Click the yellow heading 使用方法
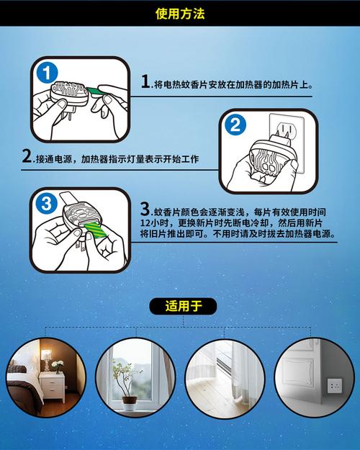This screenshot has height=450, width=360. pyautogui.click(x=180, y=14)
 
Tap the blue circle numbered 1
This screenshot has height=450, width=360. pyautogui.click(x=47, y=73)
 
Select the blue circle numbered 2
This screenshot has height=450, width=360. pyautogui.click(x=235, y=125)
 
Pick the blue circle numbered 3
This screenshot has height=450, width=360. pyautogui.click(x=46, y=204)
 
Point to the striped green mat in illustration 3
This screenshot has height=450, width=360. pyautogui.click(x=96, y=230)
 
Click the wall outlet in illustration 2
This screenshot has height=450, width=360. pyautogui.click(x=287, y=143)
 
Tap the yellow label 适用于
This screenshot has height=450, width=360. pyautogui.click(x=183, y=306)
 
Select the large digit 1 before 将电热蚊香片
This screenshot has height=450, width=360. pyautogui.click(x=145, y=81)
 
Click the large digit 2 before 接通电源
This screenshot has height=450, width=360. pyautogui.click(x=27, y=156)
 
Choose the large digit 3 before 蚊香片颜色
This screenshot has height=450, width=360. pyautogui.click(x=145, y=209)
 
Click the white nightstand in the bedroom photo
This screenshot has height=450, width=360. pyautogui.click(x=52, y=387)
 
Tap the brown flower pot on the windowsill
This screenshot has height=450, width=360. pyautogui.click(x=129, y=400)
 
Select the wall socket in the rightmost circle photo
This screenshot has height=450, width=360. pyautogui.click(x=335, y=386)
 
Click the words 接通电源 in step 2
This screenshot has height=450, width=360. pyautogui.click(x=54, y=159)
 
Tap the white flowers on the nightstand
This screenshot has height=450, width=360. pyautogui.click(x=58, y=364)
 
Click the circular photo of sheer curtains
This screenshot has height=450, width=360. pyautogui.click(x=225, y=379)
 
